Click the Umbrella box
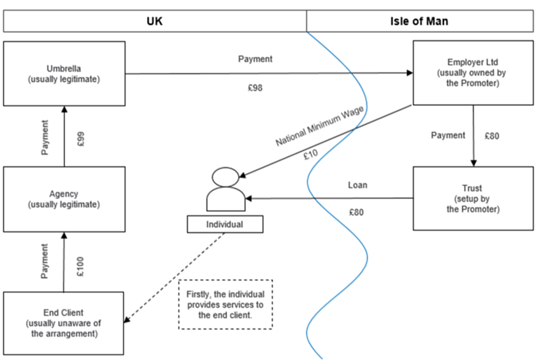(x=64, y=73)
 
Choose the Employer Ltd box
(x=473, y=73)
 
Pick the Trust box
(x=473, y=198)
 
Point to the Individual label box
(x=226, y=224)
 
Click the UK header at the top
(x=155, y=22)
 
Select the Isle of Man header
(x=419, y=22)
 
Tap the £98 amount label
(x=255, y=88)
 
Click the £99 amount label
(x=81, y=139)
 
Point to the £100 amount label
(x=81, y=266)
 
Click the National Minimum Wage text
(x=319, y=126)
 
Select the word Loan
(x=357, y=185)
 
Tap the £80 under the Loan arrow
(x=357, y=212)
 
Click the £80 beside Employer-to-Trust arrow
(x=491, y=136)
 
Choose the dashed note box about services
(x=226, y=304)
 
